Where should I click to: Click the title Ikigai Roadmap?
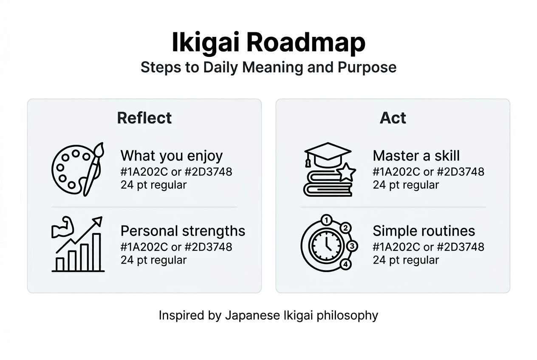click(268, 42)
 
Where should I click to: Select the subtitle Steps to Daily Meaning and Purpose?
click(268, 67)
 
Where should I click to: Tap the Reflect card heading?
click(144, 118)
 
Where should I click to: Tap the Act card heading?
click(393, 118)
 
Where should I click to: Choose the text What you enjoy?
click(172, 156)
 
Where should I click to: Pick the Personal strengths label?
click(183, 231)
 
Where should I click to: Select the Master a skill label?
click(416, 156)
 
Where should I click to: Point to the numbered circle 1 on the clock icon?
click(326, 220)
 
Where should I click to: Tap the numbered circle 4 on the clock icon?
click(346, 264)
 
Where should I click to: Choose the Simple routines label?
click(424, 231)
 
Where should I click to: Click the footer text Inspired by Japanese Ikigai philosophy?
click(268, 315)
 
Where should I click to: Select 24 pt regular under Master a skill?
click(406, 185)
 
